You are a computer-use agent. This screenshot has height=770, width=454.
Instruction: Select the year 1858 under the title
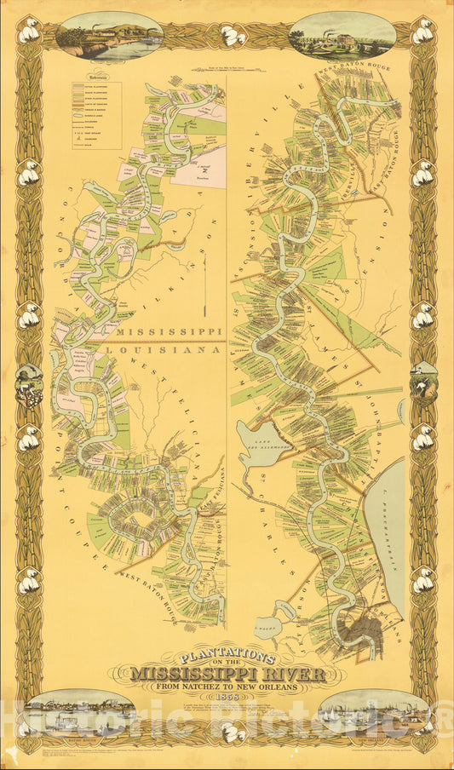click(x=227, y=696)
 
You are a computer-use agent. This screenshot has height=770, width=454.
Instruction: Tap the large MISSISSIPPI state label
click(x=170, y=331)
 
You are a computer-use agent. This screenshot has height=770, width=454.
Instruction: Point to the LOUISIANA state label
click(x=170, y=349)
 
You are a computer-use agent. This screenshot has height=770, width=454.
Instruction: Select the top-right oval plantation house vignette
click(x=342, y=35)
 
